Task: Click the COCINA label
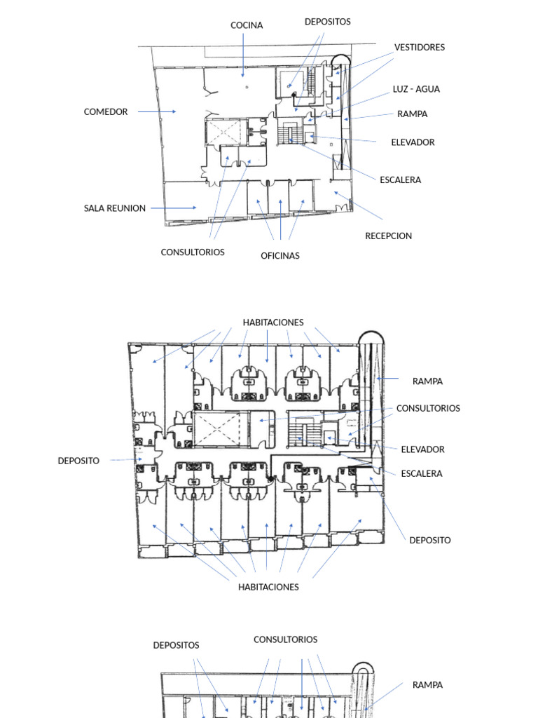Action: (247, 25)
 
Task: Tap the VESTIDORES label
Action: (419, 47)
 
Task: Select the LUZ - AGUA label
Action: (416, 89)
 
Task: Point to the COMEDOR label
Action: (106, 111)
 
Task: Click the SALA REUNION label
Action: (115, 208)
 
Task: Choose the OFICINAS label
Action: (280, 256)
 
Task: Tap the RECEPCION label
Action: (388, 236)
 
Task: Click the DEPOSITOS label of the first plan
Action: (327, 22)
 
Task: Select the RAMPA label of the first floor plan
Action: (412, 114)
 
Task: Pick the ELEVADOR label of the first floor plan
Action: (413, 142)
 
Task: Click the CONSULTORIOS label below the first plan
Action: (193, 252)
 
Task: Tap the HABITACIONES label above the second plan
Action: (273, 323)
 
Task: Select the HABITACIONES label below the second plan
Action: (268, 587)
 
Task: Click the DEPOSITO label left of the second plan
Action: (78, 461)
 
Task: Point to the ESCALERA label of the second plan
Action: (422, 473)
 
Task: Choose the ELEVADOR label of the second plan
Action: (422, 449)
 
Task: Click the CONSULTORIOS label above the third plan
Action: (285, 639)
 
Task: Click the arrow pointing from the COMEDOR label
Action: (156, 111)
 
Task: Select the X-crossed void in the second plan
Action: (216, 429)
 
